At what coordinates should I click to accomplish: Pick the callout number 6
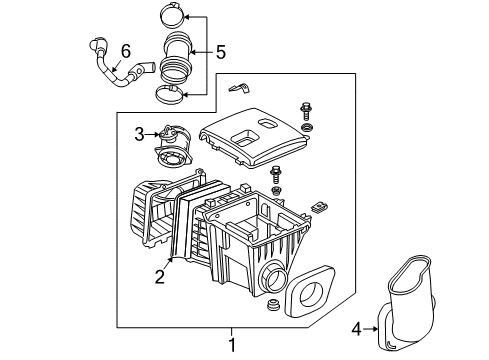click(125, 50)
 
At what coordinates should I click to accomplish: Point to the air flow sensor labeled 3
click(170, 148)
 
